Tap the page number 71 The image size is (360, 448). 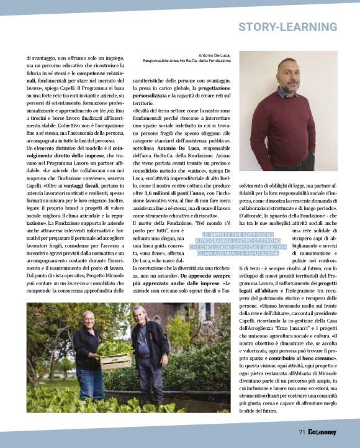click(x=302, y=432)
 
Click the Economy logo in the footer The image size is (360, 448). click(x=323, y=432)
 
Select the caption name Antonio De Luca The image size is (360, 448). click(x=214, y=55)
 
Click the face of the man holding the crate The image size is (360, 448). click(x=88, y=321)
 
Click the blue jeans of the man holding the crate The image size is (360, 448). click(x=91, y=382)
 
